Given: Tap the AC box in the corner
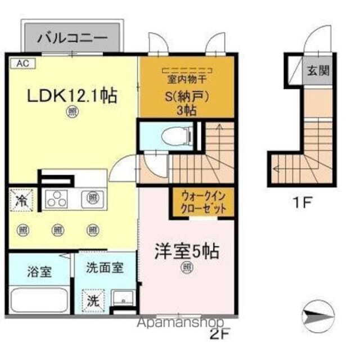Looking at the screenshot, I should coord(21,64).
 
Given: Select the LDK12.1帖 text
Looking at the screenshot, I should coord(73,96).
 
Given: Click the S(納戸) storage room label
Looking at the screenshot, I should coord(186,96).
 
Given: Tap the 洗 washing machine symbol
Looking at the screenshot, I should coord(92,300).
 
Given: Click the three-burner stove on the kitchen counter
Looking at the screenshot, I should coord(57,199).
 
